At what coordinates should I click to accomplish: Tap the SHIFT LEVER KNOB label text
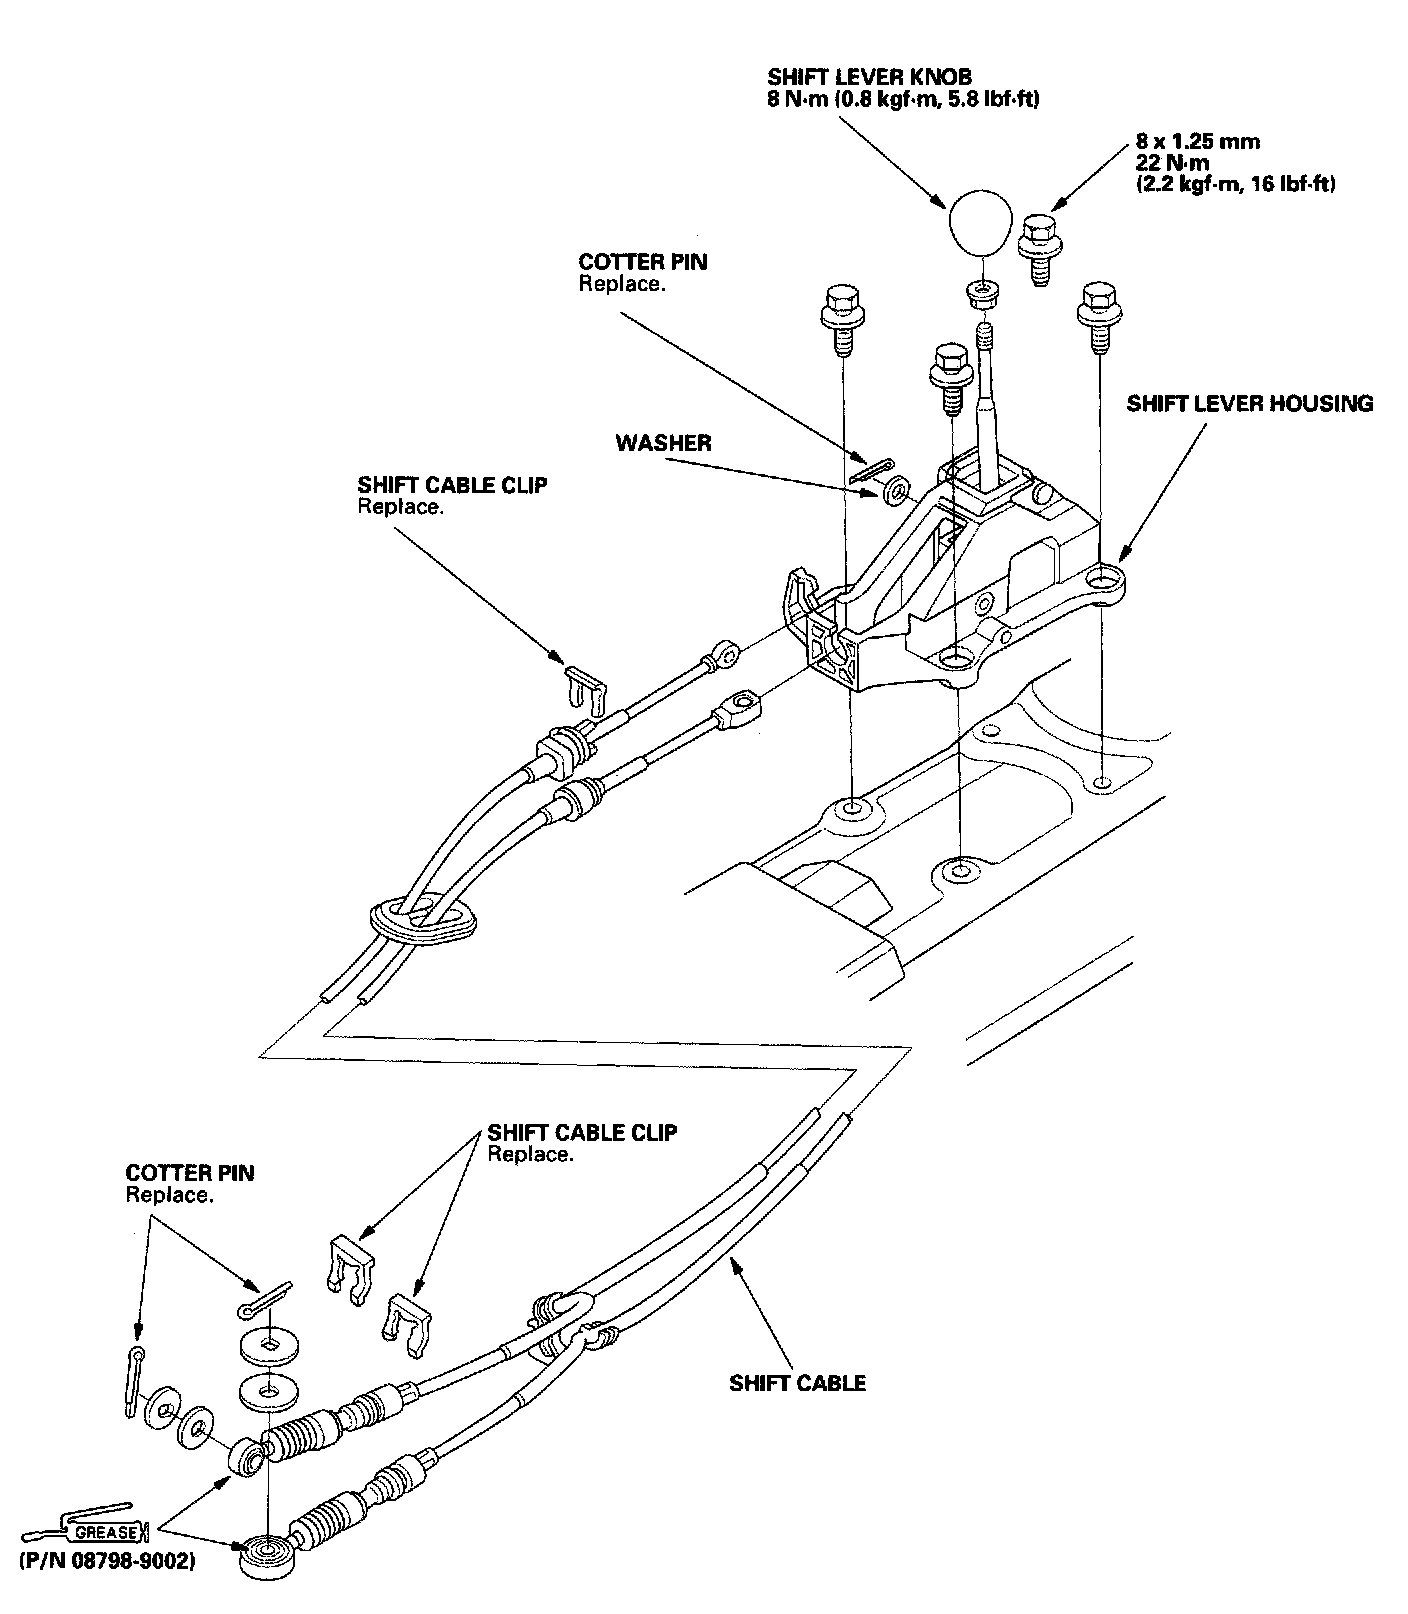[869, 77]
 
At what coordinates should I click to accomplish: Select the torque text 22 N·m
[1172, 163]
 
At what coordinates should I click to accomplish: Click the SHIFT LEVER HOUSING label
[1249, 404]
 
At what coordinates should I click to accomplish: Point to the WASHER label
[663, 443]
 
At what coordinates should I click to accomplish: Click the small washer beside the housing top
[897, 490]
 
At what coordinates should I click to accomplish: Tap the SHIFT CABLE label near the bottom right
[797, 1384]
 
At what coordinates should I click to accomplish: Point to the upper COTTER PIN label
[643, 263]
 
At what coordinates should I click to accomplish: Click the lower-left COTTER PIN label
[190, 1172]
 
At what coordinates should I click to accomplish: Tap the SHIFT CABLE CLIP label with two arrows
[582, 1133]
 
